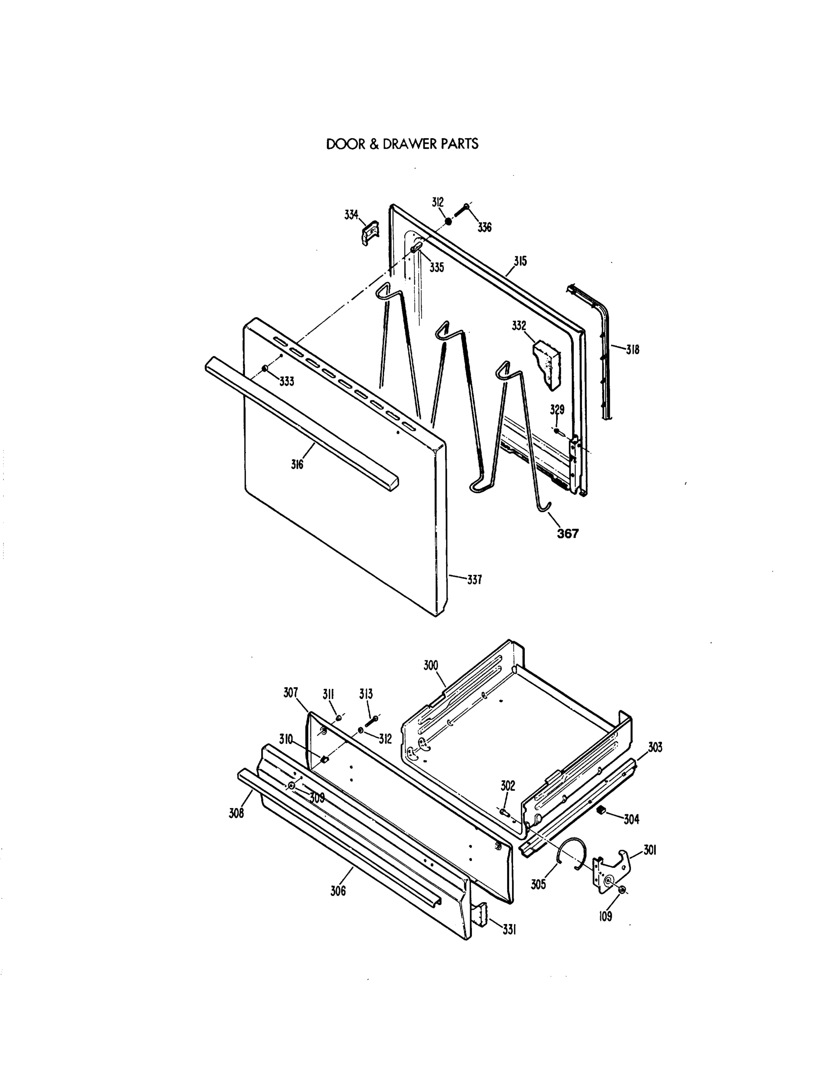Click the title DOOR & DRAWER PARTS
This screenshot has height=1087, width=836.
coord(402,144)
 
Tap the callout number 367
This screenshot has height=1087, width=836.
coord(568,534)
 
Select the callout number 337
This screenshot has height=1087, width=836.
coord(474,580)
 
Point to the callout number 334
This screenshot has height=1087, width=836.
coord(351,215)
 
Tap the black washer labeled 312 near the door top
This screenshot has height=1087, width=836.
coord(448,221)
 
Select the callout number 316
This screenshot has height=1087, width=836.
coord(297,465)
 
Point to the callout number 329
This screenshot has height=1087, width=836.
coord(557,409)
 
